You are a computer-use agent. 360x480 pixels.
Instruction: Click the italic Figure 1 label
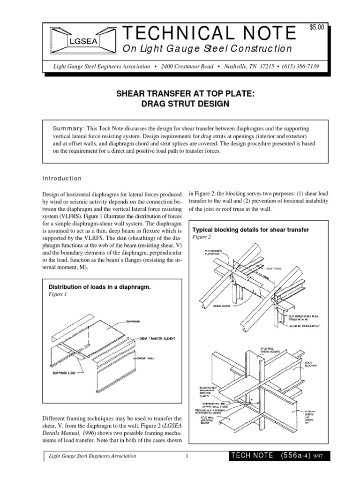click(58, 294)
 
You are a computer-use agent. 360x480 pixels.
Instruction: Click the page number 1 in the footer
click(186, 456)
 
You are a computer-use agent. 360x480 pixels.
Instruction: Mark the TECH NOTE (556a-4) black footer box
click(278, 456)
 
